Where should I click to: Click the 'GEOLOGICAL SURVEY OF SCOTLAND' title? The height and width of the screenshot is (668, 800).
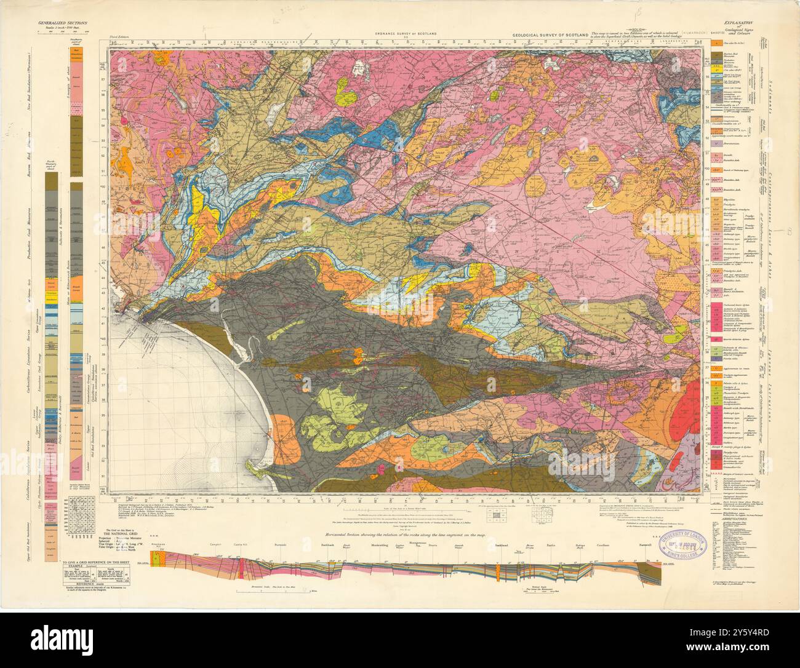549,36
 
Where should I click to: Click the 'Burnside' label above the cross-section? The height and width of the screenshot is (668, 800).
281,545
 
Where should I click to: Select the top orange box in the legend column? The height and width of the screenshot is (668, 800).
716,44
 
